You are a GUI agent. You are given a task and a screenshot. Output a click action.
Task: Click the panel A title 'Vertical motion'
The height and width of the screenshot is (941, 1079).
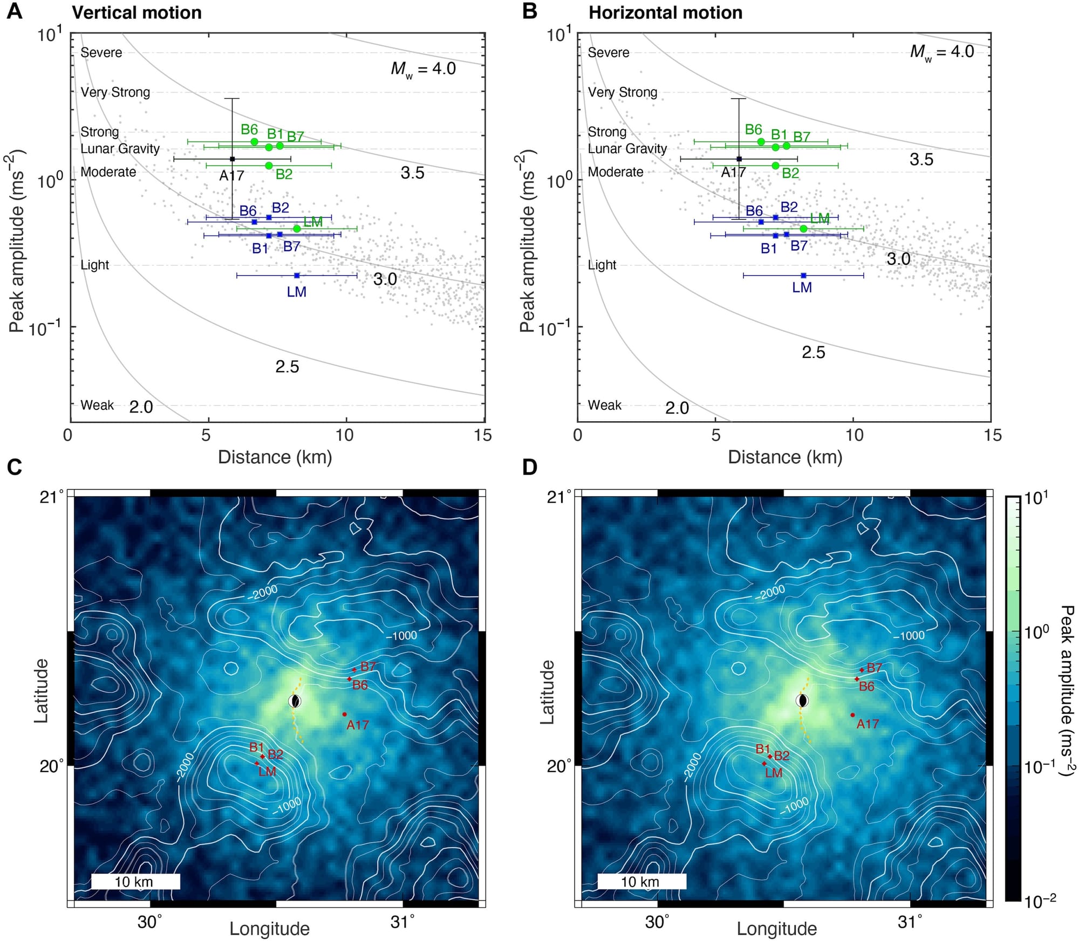(x=136, y=12)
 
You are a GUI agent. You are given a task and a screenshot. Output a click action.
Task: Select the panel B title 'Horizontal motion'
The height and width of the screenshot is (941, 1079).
(x=665, y=12)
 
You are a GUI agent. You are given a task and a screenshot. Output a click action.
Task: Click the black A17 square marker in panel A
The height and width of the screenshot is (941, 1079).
(x=233, y=159)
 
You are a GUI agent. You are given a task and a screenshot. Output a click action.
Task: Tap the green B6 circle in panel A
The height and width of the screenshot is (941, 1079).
(x=255, y=142)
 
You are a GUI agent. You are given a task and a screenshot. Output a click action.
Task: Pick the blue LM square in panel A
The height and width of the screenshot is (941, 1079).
(x=297, y=276)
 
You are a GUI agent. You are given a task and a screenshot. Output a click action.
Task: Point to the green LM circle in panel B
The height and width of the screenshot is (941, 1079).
(x=803, y=229)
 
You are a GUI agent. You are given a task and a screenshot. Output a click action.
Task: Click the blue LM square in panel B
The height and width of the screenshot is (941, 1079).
(x=803, y=276)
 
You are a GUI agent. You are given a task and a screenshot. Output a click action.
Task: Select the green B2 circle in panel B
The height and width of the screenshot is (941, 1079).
(x=776, y=166)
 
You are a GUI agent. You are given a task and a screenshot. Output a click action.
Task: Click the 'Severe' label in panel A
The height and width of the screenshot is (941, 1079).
(x=101, y=52)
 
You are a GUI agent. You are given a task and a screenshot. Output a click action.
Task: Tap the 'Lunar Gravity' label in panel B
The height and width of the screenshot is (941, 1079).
(x=627, y=148)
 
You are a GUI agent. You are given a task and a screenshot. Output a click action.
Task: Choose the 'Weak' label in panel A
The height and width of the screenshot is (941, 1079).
(x=97, y=405)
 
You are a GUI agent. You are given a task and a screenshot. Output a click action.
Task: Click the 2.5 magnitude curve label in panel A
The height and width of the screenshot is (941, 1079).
(x=287, y=367)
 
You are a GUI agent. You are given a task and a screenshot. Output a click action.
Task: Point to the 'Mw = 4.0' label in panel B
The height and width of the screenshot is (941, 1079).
(x=942, y=52)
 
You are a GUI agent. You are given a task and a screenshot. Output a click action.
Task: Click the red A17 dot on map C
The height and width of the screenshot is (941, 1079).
(x=345, y=715)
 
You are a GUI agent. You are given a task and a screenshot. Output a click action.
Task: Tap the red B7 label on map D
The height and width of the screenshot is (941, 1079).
(x=875, y=668)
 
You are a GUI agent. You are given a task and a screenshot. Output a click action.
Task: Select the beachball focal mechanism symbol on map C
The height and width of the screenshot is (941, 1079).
(x=295, y=701)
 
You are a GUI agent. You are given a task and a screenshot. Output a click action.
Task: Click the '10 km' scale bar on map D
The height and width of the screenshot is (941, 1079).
(x=641, y=882)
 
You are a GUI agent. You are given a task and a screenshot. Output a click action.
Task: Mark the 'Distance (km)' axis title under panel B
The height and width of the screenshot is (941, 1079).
(x=785, y=457)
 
